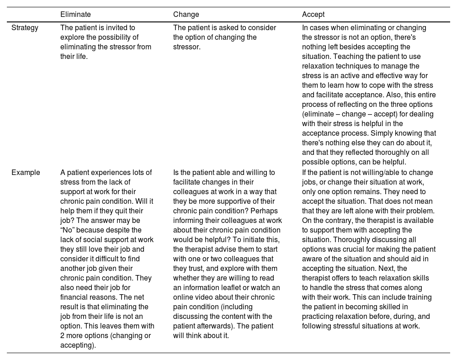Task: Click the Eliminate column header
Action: (75, 15)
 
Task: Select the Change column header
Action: (186, 15)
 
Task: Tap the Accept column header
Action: (313, 15)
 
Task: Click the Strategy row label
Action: (25, 28)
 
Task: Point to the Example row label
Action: (26, 173)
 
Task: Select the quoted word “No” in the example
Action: (69, 230)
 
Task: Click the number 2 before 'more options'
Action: (63, 336)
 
